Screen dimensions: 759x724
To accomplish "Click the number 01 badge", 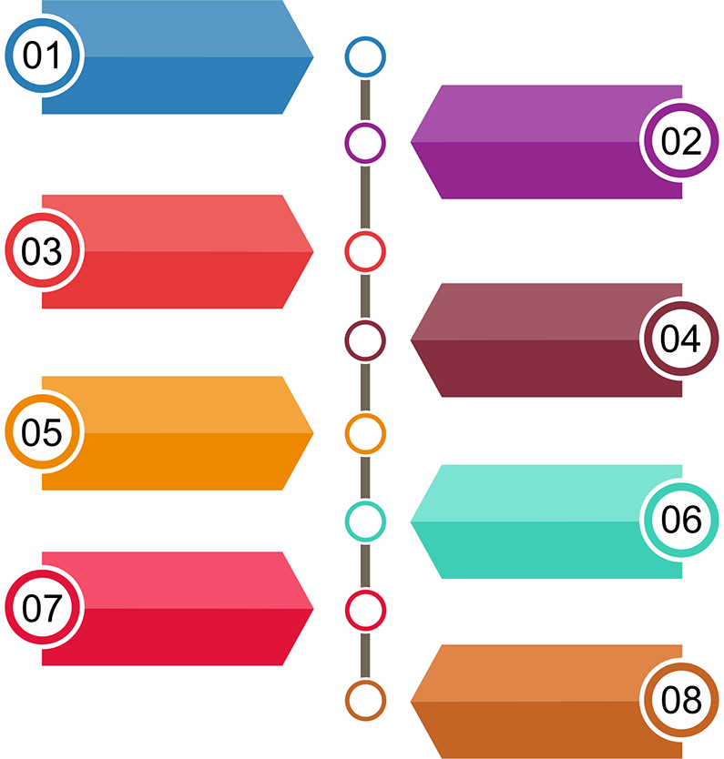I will [x=42, y=56].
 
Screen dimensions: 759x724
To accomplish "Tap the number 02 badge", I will [x=681, y=142].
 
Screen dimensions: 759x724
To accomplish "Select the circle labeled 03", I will [x=42, y=251].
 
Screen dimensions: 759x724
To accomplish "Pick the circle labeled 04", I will [x=681, y=339].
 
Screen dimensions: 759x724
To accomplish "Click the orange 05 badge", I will [x=42, y=432].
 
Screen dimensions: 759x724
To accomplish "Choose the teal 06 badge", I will [x=681, y=520].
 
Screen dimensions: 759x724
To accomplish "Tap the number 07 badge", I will [x=42, y=607].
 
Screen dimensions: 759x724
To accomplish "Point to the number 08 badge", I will [x=681, y=700].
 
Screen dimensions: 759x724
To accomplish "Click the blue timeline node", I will [x=365, y=56].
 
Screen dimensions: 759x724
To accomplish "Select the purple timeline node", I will [x=365, y=142].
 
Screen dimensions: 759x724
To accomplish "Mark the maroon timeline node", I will [x=365, y=339].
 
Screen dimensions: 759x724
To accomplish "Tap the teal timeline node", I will [x=365, y=521].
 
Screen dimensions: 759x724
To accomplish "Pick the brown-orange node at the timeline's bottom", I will [x=365, y=701].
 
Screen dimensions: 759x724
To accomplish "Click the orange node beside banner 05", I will [x=365, y=433].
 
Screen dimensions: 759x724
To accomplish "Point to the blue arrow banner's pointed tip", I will [x=311, y=56].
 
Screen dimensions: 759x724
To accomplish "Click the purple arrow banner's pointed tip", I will [x=413, y=142].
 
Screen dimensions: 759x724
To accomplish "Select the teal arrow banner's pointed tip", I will [x=413, y=521].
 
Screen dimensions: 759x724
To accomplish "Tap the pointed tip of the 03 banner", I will [x=311, y=251].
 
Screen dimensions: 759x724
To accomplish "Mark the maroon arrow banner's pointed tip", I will [x=413, y=340].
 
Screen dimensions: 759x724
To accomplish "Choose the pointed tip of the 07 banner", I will [x=311, y=608].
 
